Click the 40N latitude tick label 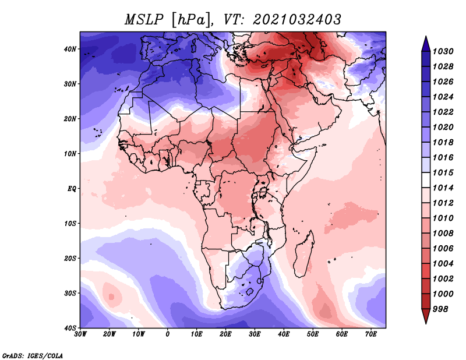click(70, 49)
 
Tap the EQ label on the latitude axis click(72, 189)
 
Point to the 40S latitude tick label click(70, 328)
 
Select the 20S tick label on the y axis click(70, 258)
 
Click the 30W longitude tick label click(80, 334)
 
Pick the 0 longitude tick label click(167, 334)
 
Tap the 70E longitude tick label click(371, 334)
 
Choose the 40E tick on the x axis click(284, 334)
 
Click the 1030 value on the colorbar click(443, 51)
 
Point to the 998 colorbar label click(440, 309)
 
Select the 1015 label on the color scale click(443, 172)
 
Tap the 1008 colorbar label click(443, 234)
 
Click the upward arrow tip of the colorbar click(426, 37)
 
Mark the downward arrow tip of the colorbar click(426, 323)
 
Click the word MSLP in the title click(144, 20)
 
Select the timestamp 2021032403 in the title click(297, 20)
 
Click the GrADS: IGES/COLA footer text click(33, 355)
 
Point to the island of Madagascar click(304, 253)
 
